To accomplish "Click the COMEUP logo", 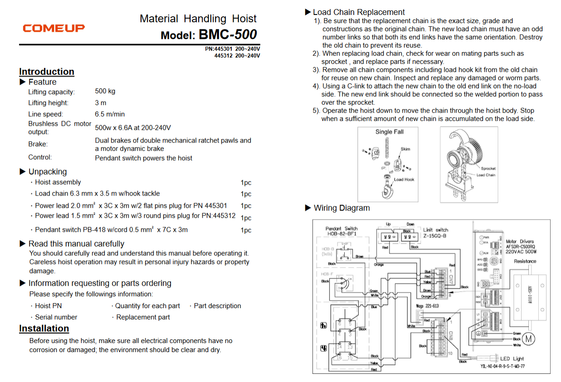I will click(x=54, y=28).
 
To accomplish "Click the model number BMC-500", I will click(x=228, y=34).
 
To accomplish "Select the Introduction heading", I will click(x=46, y=72).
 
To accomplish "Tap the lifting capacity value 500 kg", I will click(x=105, y=91).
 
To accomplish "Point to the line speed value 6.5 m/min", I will click(x=110, y=114).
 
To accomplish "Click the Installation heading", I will click(x=44, y=328).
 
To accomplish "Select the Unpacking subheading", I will click(x=47, y=171).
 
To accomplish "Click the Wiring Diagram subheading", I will click(x=341, y=208).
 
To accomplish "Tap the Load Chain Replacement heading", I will click(x=358, y=12).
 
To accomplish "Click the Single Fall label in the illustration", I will click(x=389, y=132).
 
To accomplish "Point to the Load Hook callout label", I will click(x=404, y=179).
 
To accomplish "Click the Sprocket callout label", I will click(x=488, y=168).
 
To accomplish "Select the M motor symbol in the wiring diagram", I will click(x=529, y=338).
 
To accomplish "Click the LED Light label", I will click(x=512, y=358).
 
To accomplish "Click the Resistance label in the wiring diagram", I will click(x=525, y=261).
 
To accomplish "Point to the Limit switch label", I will click(x=435, y=230).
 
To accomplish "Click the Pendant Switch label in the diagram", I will click(x=341, y=229).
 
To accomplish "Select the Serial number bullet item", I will click(x=56, y=317).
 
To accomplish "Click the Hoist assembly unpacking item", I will click(x=58, y=182).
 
